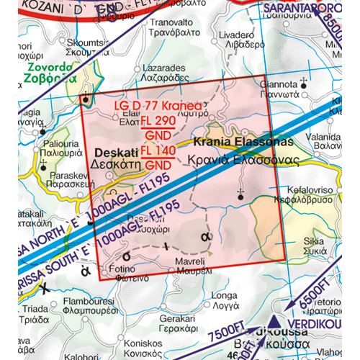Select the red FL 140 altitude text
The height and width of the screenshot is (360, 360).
pos(156,150)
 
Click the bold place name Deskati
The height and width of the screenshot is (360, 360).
pos(114,153)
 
